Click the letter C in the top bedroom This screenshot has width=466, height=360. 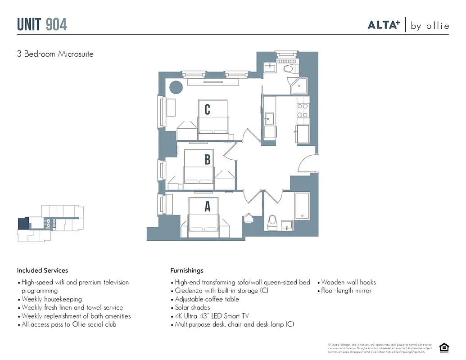pyautogui.click(x=207, y=109)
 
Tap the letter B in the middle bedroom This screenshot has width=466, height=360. pyautogui.click(x=207, y=159)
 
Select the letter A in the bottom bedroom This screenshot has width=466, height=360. pyautogui.click(x=207, y=207)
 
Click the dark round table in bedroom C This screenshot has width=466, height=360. pyautogui.click(x=175, y=86)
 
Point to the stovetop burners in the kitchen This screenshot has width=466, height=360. pyautogui.click(x=303, y=111)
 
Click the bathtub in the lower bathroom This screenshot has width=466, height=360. pyautogui.click(x=302, y=206)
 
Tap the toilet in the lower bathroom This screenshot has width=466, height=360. pyautogui.click(x=272, y=221)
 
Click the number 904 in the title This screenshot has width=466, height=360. pyautogui.click(x=56, y=24)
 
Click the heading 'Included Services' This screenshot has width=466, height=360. pyautogui.click(x=42, y=270)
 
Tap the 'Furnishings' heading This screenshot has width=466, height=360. pyautogui.click(x=187, y=270)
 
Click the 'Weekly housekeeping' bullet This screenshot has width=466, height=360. pyautogui.click(x=52, y=299)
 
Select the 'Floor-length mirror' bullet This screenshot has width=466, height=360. pyautogui.click(x=346, y=291)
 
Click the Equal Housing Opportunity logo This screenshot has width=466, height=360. pyautogui.click(x=444, y=347)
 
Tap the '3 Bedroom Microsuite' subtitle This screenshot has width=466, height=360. pyautogui.click(x=55, y=54)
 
